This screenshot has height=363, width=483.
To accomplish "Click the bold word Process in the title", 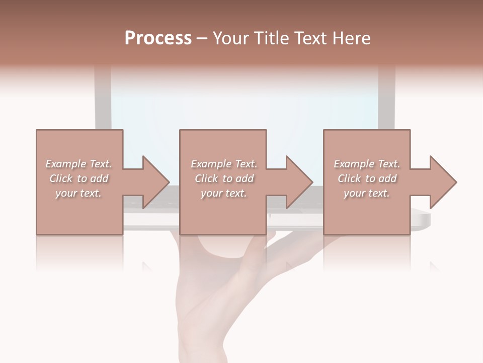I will click(158, 38).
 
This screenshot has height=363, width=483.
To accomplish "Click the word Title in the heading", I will click(272, 38).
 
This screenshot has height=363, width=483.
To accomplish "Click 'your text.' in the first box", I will click(78, 193).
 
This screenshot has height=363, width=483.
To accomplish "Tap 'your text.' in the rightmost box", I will click(367, 193).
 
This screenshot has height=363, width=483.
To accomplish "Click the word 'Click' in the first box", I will click(60, 178).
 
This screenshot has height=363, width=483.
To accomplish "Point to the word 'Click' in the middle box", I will click(206, 178).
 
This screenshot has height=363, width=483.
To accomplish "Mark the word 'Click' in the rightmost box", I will click(349, 178).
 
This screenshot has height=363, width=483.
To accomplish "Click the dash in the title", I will click(202, 38).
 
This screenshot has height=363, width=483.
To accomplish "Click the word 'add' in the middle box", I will click(245, 178).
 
